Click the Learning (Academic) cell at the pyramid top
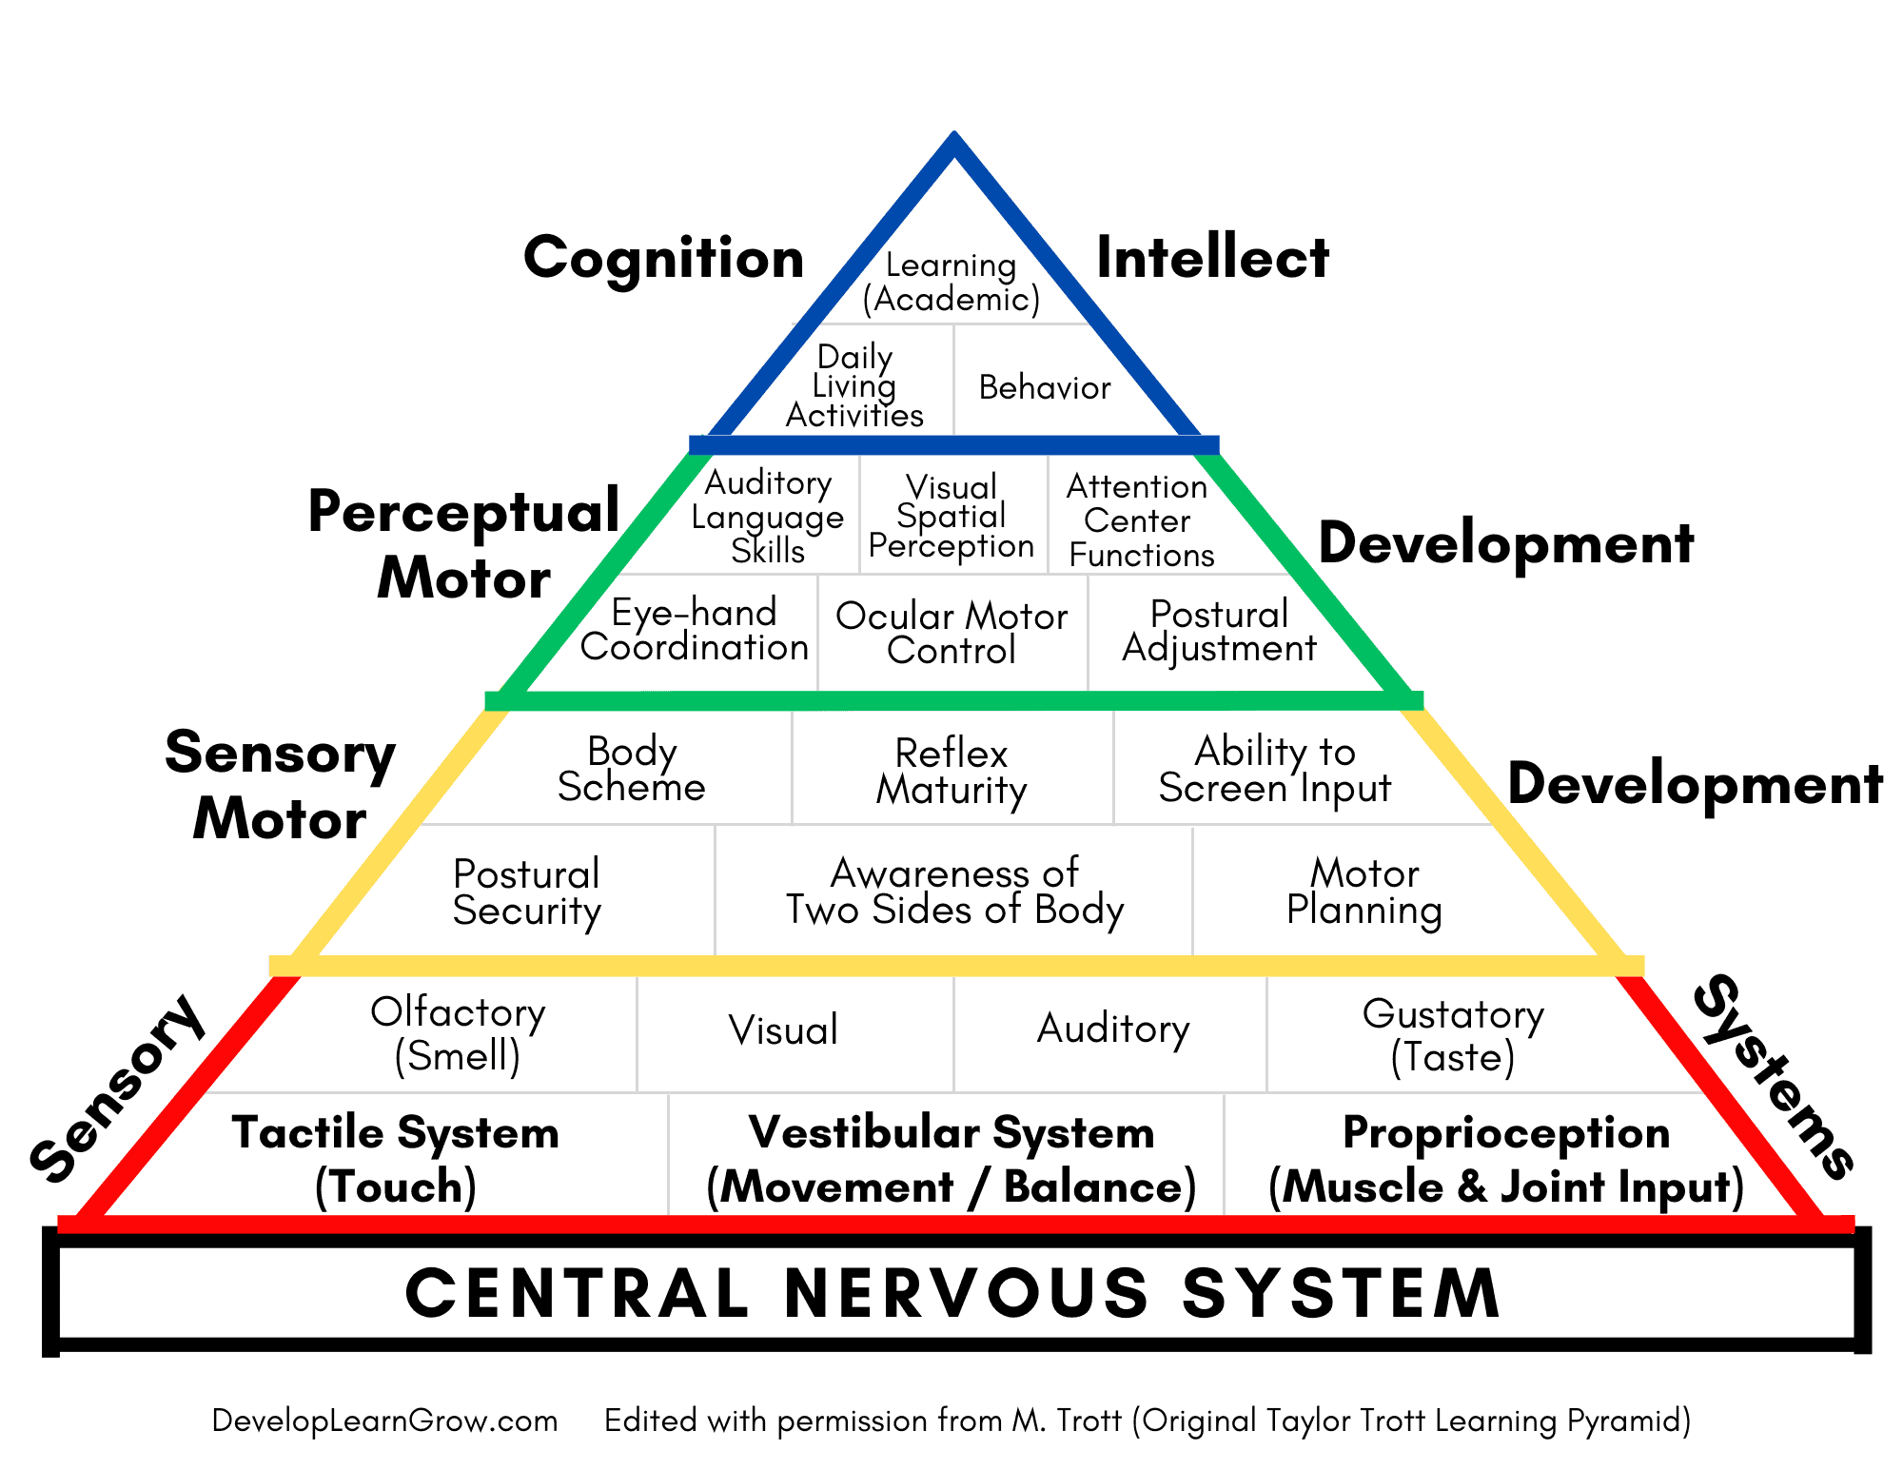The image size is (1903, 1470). [951, 282]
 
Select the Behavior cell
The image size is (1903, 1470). [1044, 387]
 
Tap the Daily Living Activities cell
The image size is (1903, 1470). [854, 386]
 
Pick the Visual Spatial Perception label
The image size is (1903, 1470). [951, 517]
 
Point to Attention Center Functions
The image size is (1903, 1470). [1139, 520]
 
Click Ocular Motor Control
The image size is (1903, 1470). [951, 634]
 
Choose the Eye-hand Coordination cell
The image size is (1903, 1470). [695, 630]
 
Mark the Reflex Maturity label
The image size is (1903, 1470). [951, 772]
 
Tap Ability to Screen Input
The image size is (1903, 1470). [1275, 770]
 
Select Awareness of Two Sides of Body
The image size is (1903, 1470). [954, 892]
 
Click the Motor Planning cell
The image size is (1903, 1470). [1364, 892]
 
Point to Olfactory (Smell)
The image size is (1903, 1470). [458, 1033]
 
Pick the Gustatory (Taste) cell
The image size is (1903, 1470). [1453, 1035]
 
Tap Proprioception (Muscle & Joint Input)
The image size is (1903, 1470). [1506, 1160]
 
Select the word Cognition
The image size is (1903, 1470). [664, 258]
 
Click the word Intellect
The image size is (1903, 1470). [1212, 258]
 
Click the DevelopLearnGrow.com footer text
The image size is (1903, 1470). [384, 1421]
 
